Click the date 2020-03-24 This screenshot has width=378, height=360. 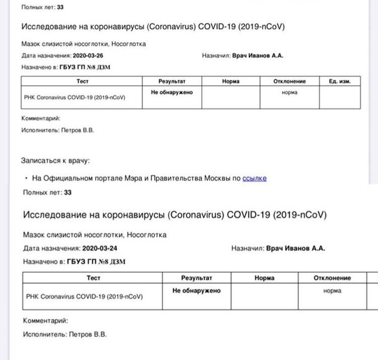pos(99,248)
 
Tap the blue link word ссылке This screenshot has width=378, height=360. pos(255,178)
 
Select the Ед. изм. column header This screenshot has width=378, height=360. pos(340,81)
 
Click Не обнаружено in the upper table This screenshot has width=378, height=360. pos(172,93)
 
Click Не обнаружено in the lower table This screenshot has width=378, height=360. pos(197,291)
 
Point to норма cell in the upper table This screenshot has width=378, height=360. pos(289,93)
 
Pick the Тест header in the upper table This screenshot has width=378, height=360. pos(82,81)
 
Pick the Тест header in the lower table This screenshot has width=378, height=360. pos(94,278)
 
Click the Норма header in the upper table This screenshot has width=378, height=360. pos(231,81)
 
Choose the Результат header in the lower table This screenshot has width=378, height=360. pos(197,278)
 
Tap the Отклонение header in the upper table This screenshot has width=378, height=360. pos(289,81)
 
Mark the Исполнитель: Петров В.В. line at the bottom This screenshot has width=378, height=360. pos(65,334)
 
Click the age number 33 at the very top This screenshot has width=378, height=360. pos(60,8)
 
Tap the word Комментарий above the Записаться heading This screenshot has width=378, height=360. pos(41,118)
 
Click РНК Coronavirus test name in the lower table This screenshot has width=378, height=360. pos(84,297)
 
